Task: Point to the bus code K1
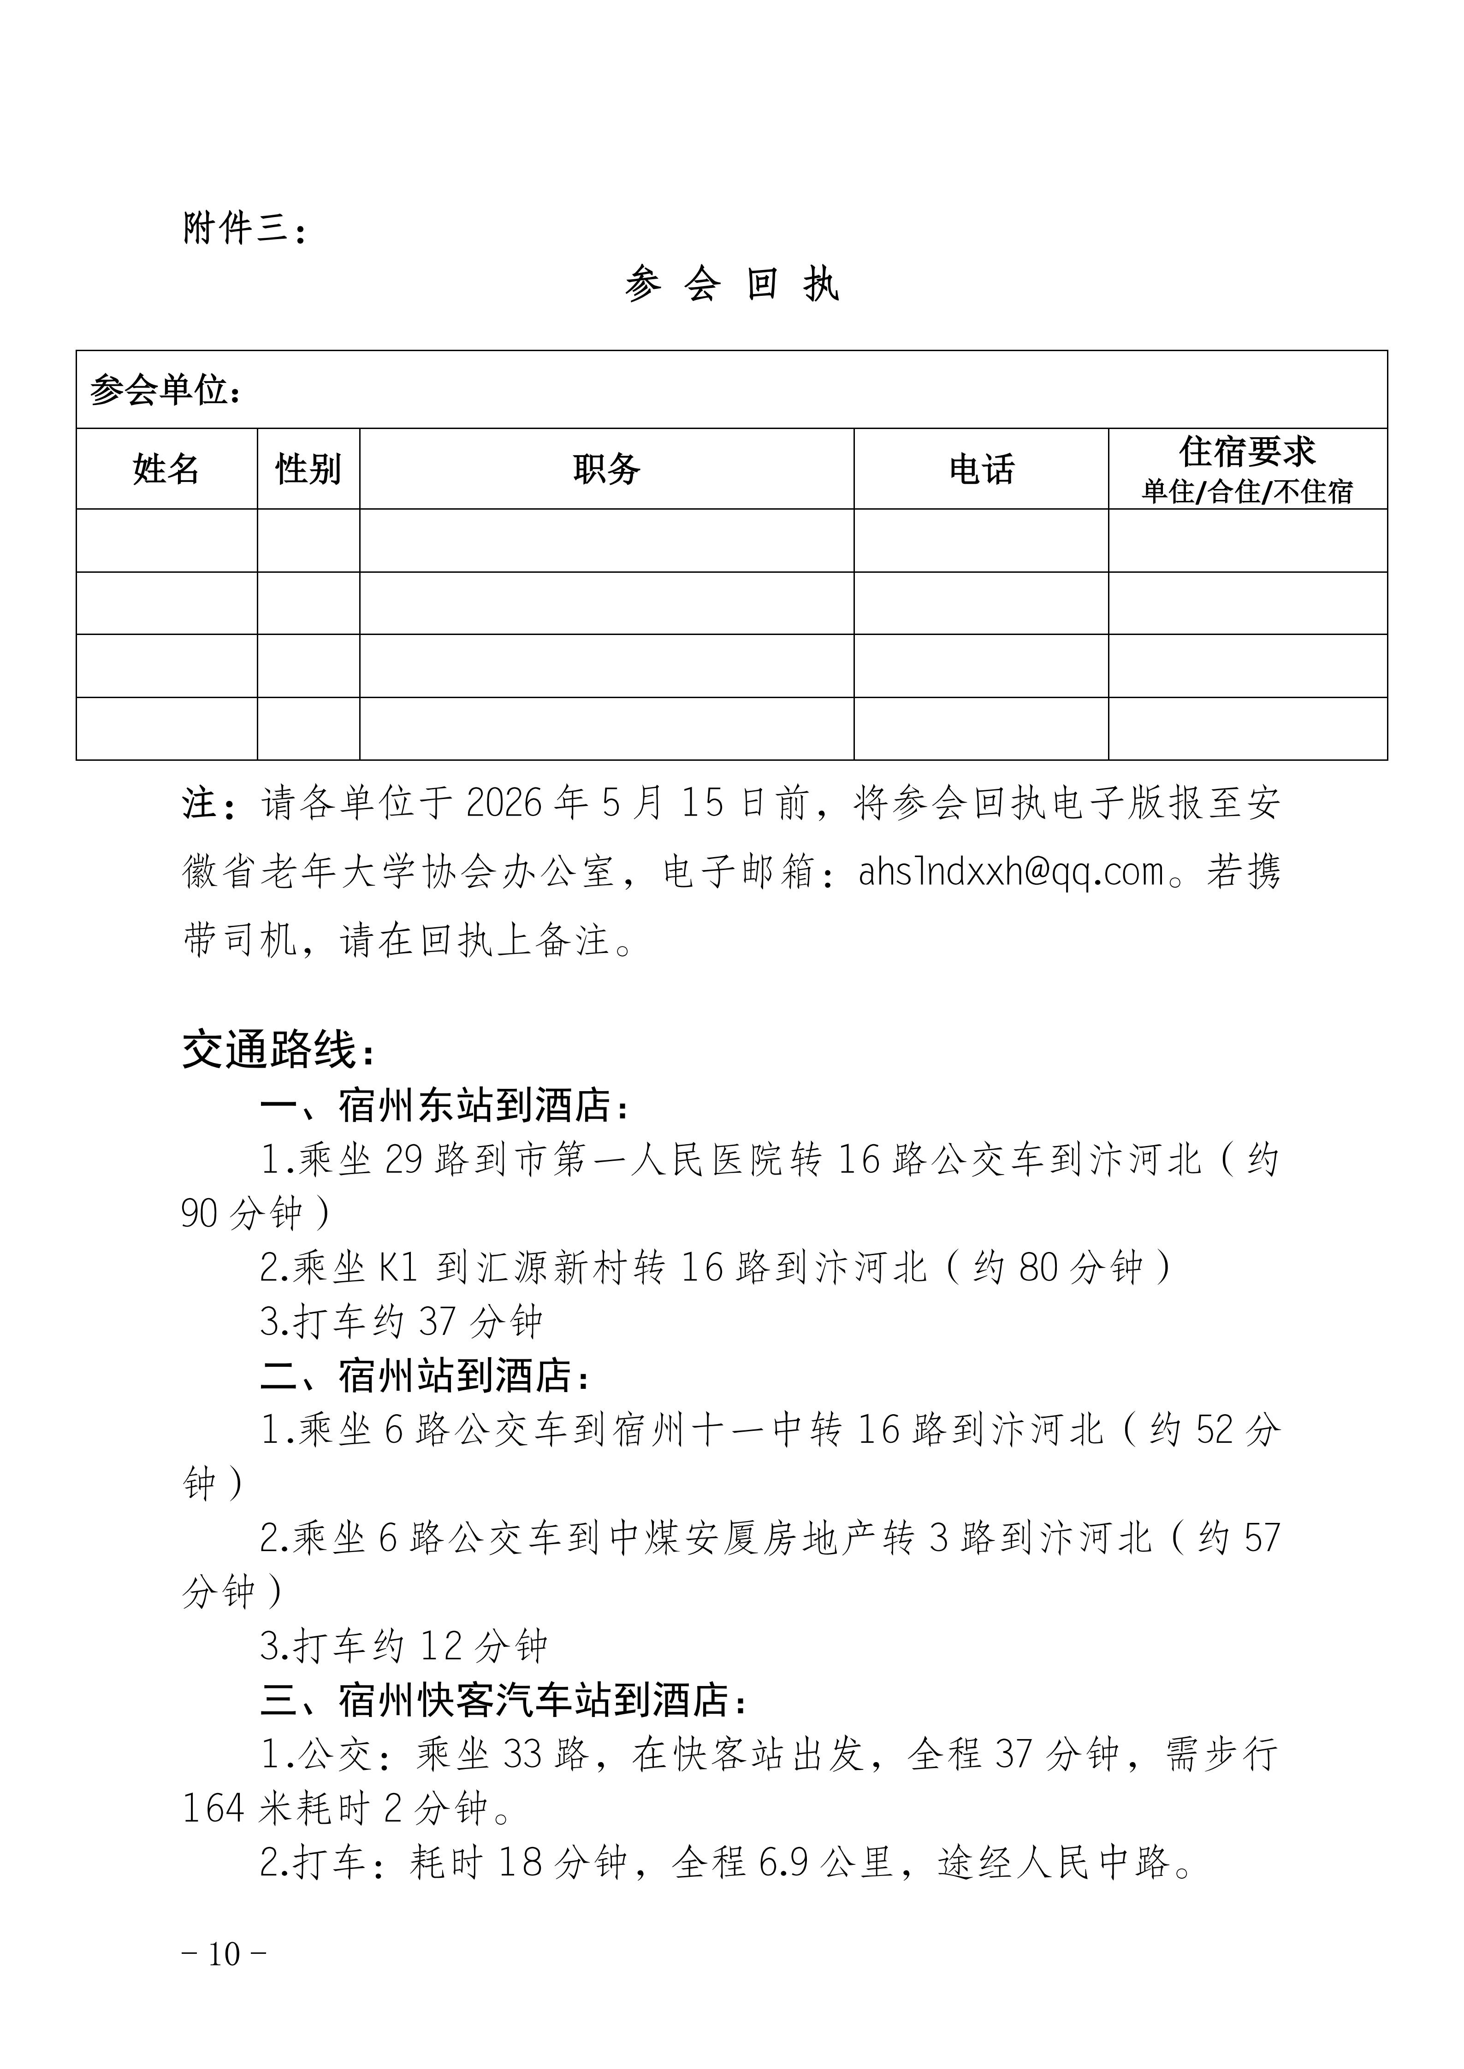(398, 1269)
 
